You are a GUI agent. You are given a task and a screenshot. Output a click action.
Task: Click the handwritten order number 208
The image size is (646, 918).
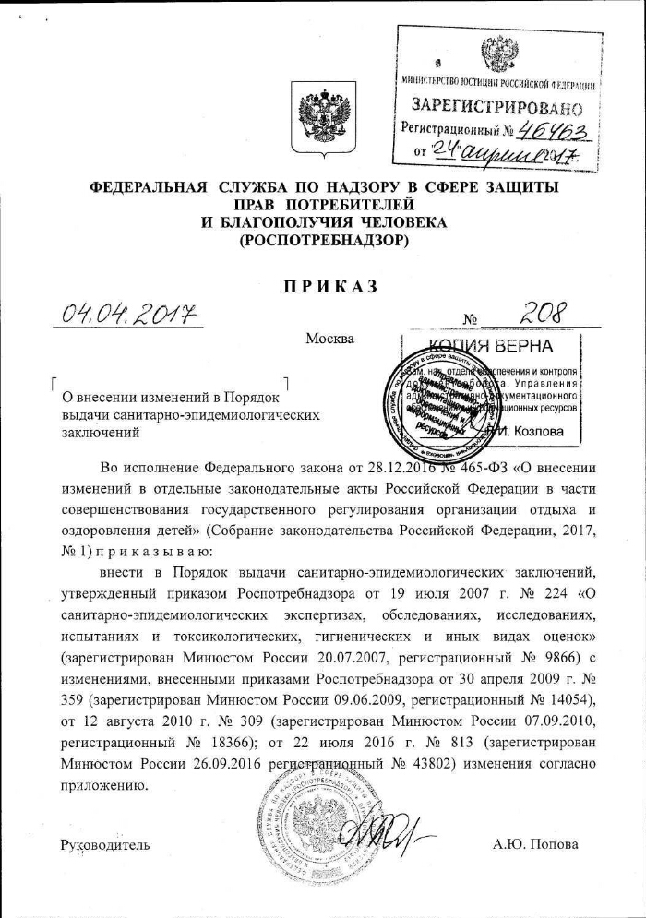point(543,316)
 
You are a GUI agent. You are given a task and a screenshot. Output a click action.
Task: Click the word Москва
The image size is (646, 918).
point(329,338)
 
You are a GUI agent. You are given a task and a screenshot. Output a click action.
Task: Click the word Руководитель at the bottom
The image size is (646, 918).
point(104,844)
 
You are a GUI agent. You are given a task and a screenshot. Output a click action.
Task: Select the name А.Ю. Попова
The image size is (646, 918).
point(536,844)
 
